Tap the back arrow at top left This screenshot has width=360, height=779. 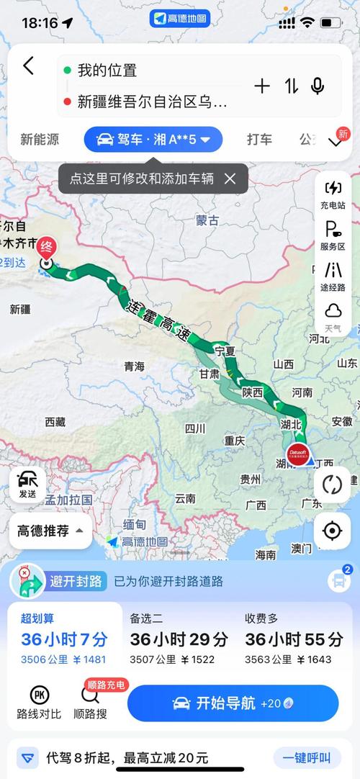click(x=28, y=66)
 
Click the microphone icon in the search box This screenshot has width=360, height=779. click(x=317, y=86)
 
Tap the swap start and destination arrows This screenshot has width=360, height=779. click(x=291, y=86)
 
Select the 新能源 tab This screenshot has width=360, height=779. click(x=40, y=140)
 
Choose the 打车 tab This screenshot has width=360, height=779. click(x=259, y=140)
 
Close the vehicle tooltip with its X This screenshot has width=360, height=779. click(x=230, y=179)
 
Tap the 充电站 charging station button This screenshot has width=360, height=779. click(x=333, y=194)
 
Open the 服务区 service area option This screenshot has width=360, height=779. click(x=333, y=235)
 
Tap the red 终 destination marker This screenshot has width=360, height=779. click(x=48, y=246)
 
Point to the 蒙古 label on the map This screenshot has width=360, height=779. click(x=207, y=220)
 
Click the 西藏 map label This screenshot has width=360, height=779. click(x=55, y=422)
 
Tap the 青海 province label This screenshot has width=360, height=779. click(x=134, y=366)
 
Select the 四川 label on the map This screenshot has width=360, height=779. click(x=194, y=428)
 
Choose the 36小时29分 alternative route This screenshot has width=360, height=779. click(x=179, y=639)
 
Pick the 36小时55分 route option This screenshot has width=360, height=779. click(x=294, y=639)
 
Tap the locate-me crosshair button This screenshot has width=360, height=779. click(x=332, y=531)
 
